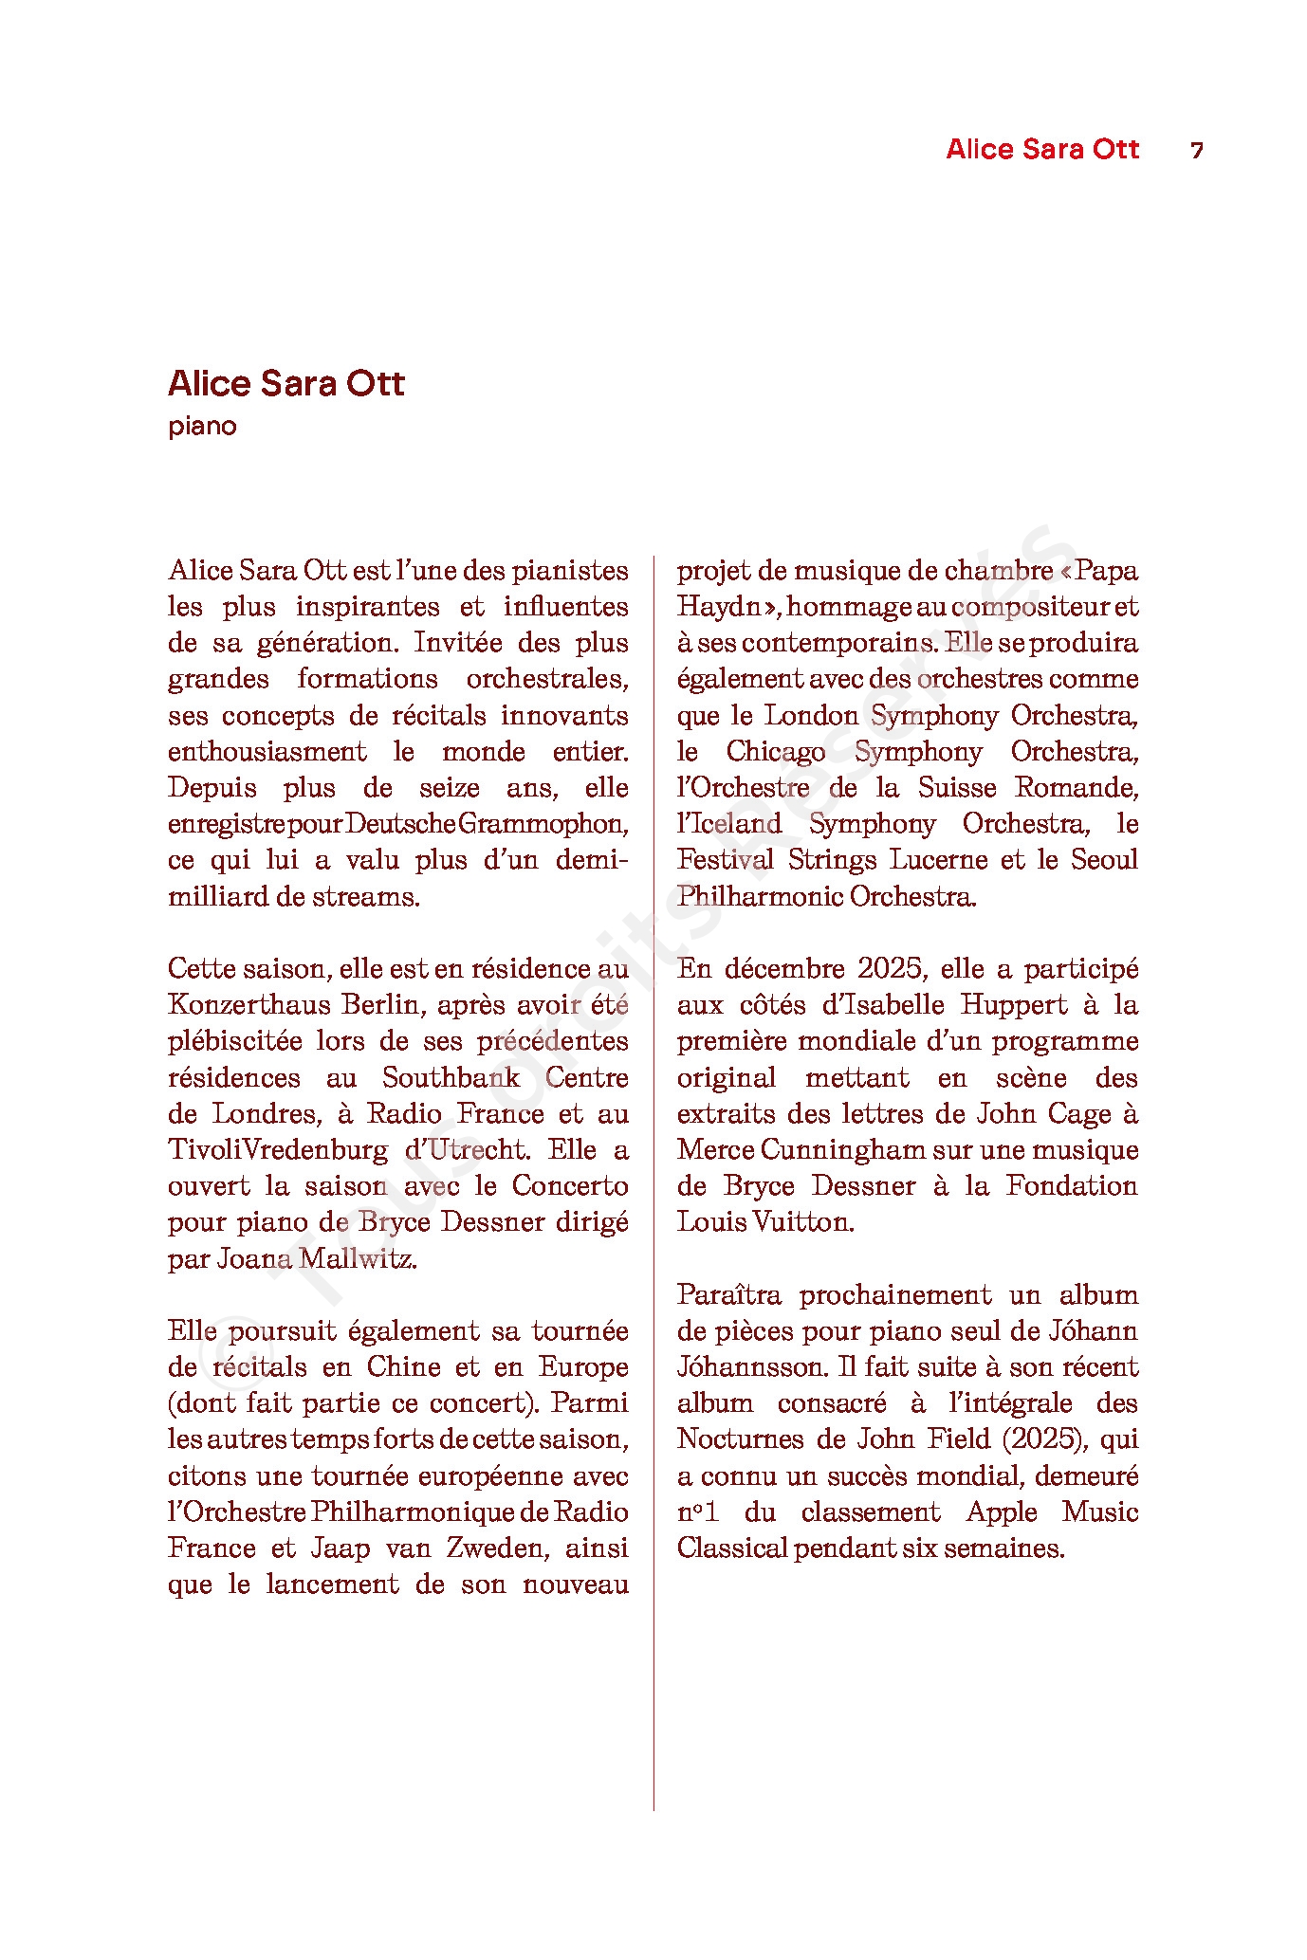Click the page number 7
tap(1197, 151)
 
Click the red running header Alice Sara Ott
tap(1042, 150)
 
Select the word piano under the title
tap(202, 426)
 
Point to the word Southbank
tap(451, 1078)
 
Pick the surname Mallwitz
tap(358, 1259)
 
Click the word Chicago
tap(776, 752)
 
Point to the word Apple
tap(1002, 1512)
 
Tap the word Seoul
tap(1104, 860)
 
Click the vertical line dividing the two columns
tap(653, 1138)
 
